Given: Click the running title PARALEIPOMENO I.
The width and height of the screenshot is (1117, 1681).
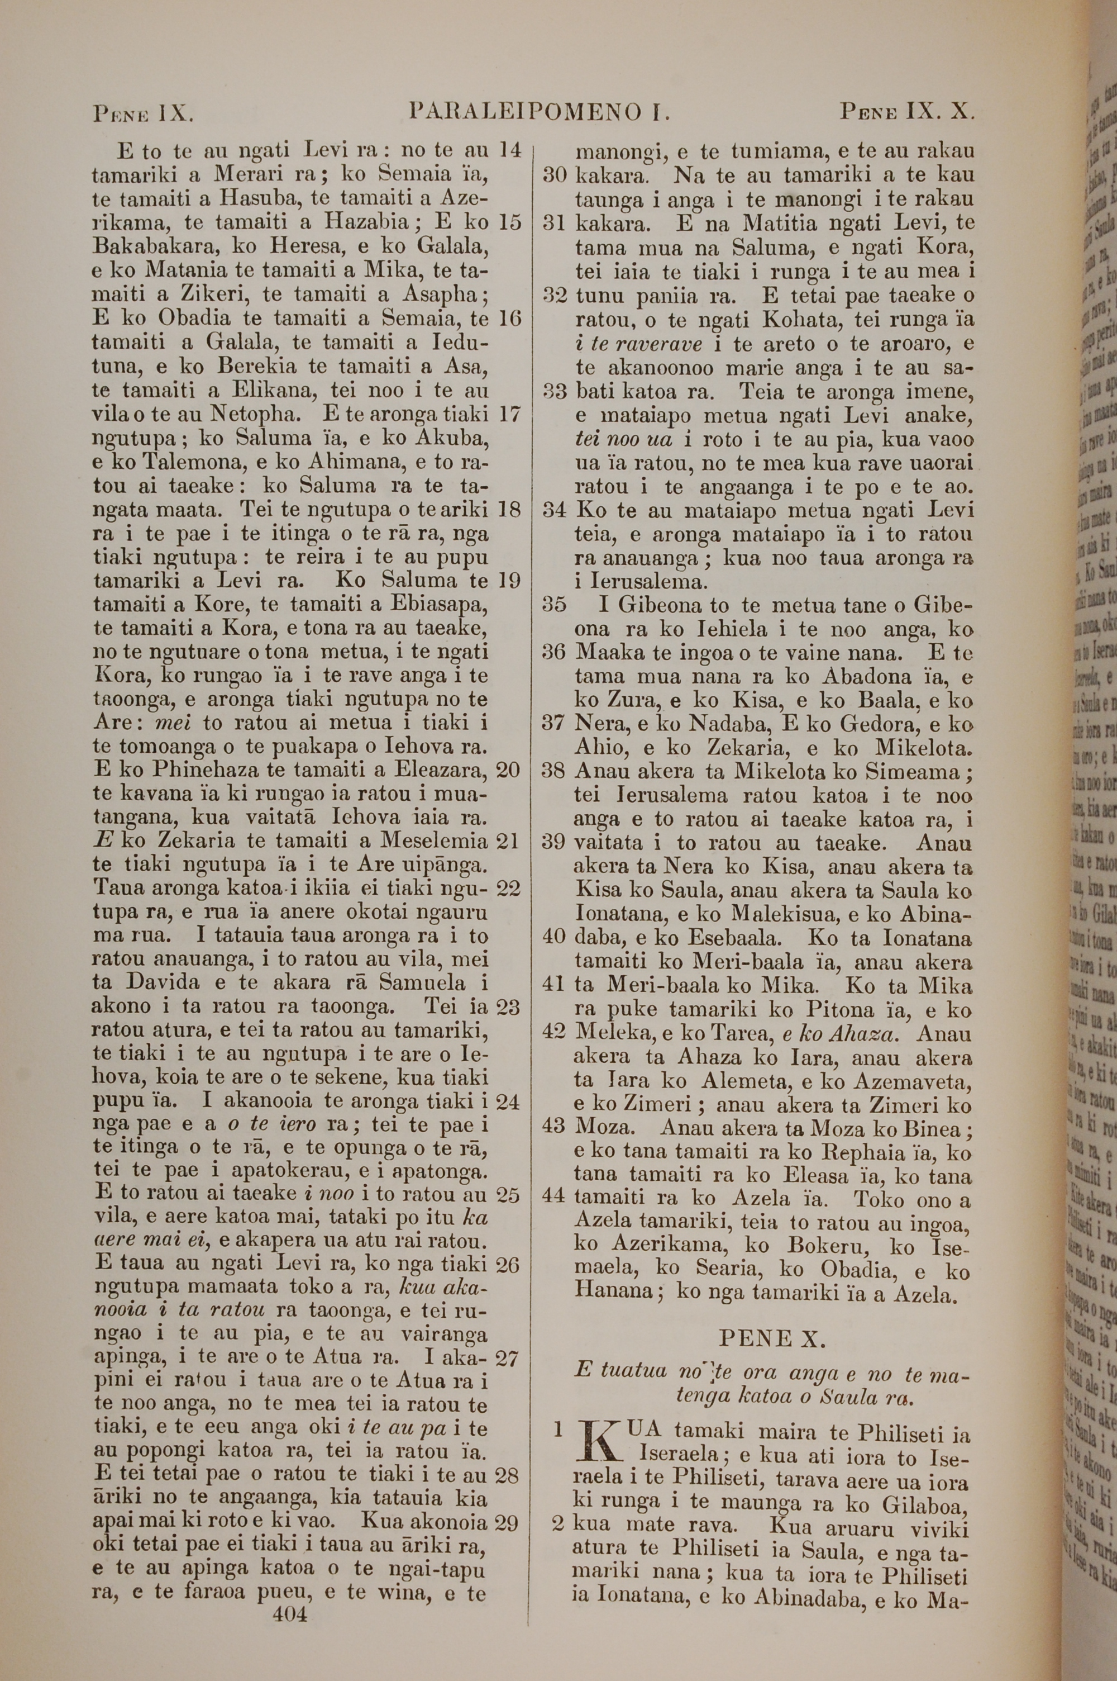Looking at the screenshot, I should coord(541,112).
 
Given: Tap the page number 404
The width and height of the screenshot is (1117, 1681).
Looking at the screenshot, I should coord(290,1593).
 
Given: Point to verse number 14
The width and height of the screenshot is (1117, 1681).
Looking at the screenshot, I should coord(510,150).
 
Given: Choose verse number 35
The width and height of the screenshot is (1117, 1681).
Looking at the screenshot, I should coord(554,605).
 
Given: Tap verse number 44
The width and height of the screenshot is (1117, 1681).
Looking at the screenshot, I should coord(554,1199).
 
